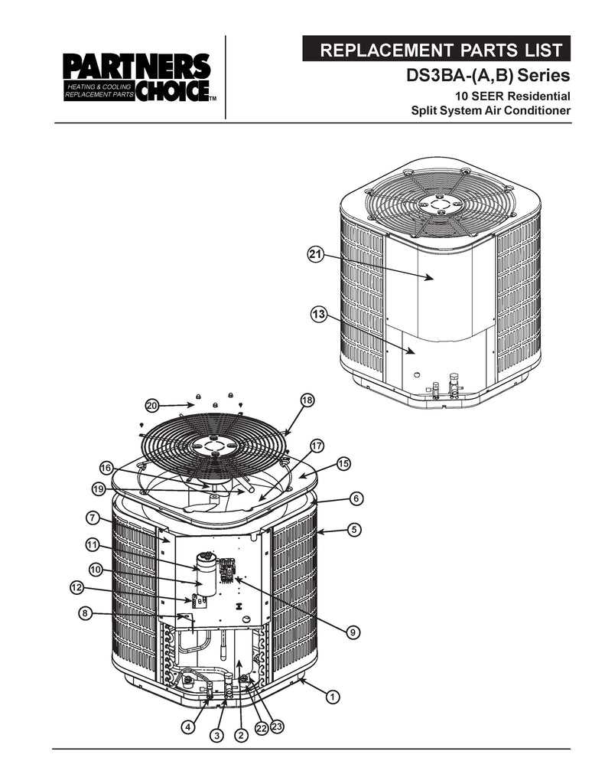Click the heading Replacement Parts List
[441, 51]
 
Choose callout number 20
[151, 405]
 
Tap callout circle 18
[307, 400]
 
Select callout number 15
[343, 464]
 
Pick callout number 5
[353, 529]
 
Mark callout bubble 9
[353, 632]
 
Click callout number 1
[333, 697]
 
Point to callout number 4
[187, 727]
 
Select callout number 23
[276, 727]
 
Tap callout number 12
[76, 588]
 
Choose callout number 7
[91, 518]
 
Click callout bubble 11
[92, 545]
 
